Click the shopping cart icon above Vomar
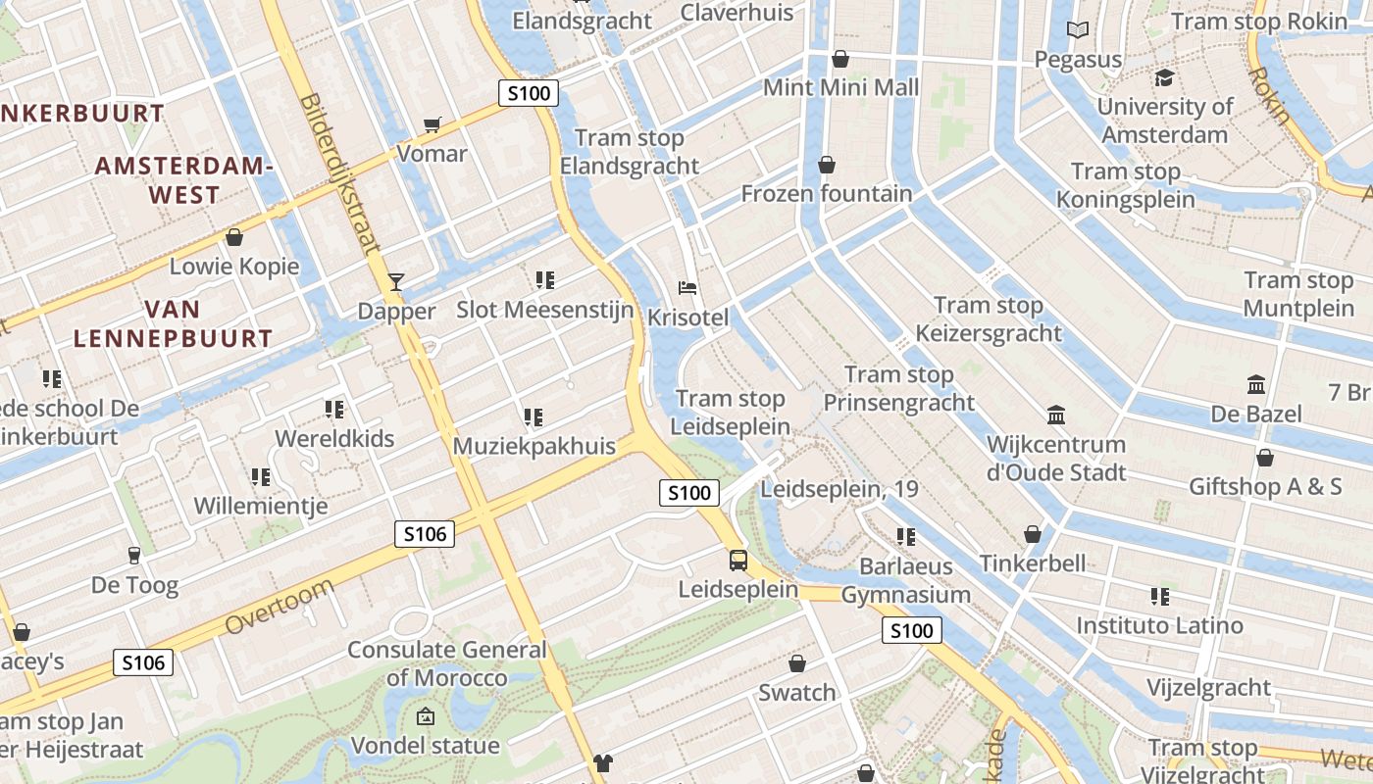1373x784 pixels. click(x=432, y=124)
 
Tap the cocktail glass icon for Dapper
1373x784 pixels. click(x=396, y=282)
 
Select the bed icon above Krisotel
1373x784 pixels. click(x=688, y=288)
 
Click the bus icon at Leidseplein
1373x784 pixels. click(x=738, y=561)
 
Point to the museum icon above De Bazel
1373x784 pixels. click(x=1255, y=384)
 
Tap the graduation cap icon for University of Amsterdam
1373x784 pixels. click(x=1164, y=77)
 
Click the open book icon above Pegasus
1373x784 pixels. click(x=1078, y=30)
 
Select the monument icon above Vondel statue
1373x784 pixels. click(x=425, y=716)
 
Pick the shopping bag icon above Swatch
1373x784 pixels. click(x=797, y=663)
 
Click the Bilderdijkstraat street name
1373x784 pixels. click(x=339, y=173)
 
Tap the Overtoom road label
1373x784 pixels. click(x=280, y=606)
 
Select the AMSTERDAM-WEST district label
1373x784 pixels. click(x=183, y=180)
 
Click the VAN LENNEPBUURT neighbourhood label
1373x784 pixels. click(x=173, y=324)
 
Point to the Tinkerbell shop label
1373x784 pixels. click(x=1033, y=563)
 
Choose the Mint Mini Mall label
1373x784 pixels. click(x=840, y=87)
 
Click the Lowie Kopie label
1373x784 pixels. click(x=234, y=267)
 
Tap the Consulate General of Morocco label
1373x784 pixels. click(x=447, y=663)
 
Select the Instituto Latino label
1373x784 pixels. click(x=1159, y=625)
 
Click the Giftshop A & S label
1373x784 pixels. click(x=1265, y=486)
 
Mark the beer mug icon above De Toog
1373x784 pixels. click(x=134, y=556)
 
